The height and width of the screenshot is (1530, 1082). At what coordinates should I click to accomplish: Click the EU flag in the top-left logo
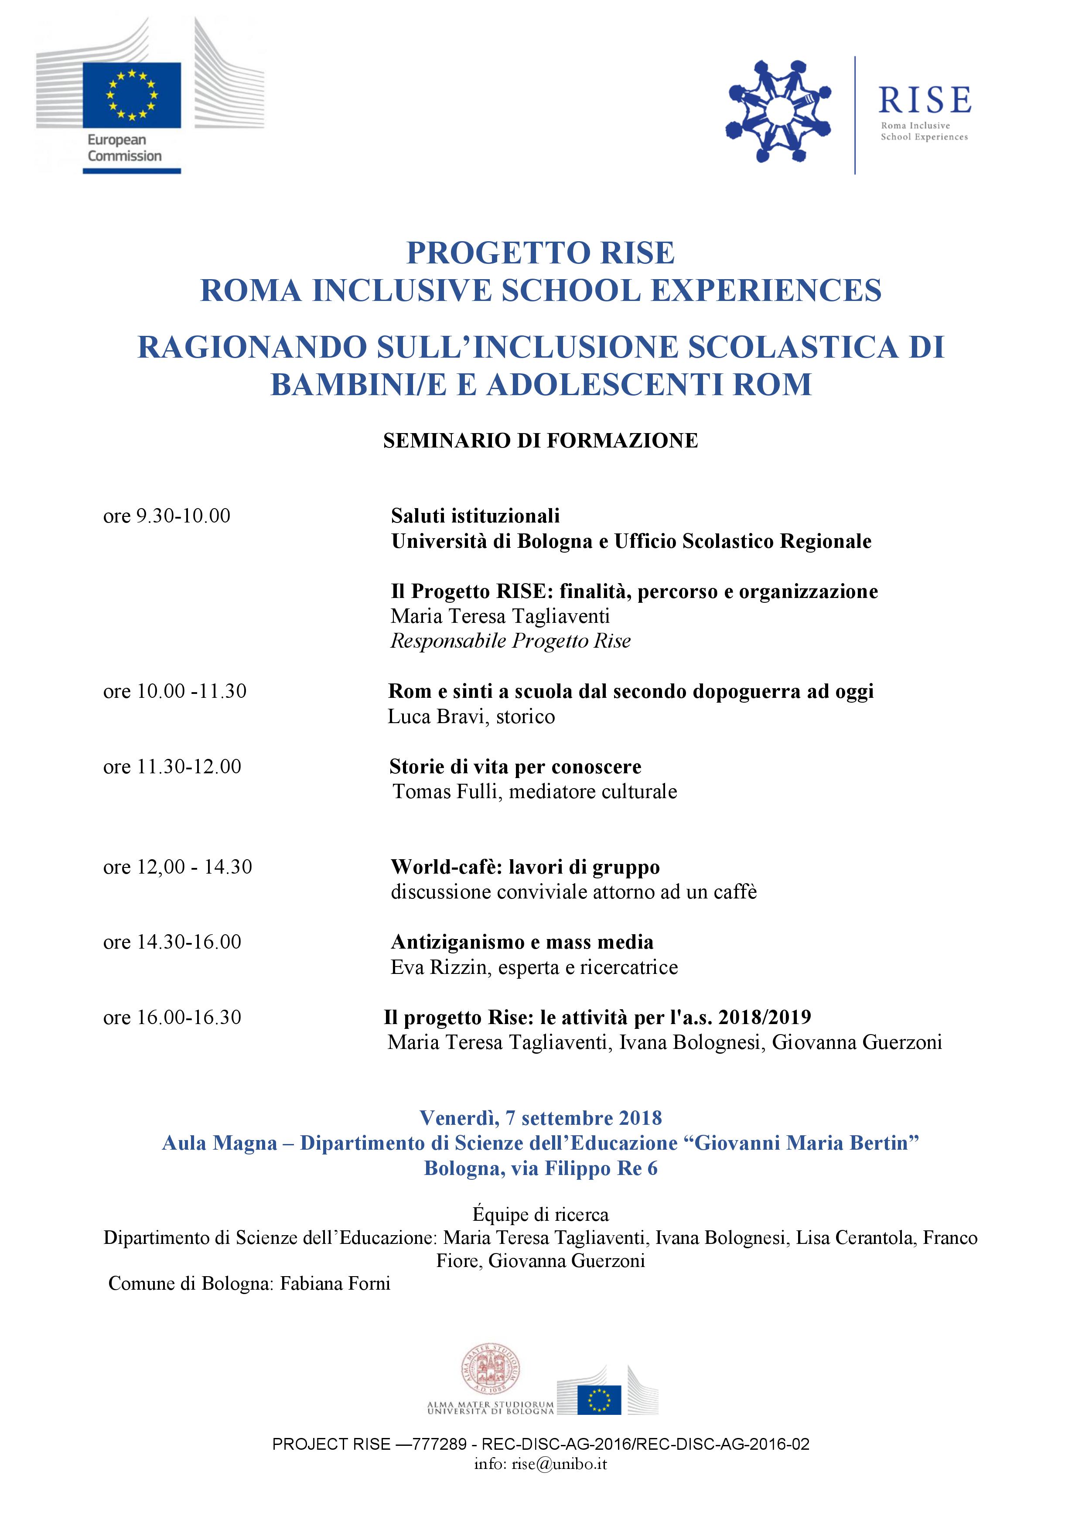(131, 95)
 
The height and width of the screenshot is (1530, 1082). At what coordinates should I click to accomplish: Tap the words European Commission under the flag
(125, 148)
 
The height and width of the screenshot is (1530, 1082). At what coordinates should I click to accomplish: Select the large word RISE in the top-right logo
(924, 101)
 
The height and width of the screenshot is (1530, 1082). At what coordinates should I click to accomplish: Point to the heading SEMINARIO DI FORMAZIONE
(540, 441)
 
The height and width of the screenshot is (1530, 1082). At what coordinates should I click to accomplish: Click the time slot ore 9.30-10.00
(167, 516)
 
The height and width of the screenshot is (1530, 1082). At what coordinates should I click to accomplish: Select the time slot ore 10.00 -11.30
(174, 691)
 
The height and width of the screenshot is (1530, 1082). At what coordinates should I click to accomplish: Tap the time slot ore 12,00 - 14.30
(177, 867)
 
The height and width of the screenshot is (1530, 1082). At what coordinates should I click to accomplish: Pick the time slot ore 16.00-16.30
(172, 1018)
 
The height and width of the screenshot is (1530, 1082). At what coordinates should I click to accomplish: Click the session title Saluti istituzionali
(475, 516)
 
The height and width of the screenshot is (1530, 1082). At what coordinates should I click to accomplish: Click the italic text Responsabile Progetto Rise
(510, 641)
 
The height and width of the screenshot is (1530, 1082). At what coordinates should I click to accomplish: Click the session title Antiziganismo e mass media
(522, 942)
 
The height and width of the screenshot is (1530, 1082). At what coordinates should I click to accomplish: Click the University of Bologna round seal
(490, 1369)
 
